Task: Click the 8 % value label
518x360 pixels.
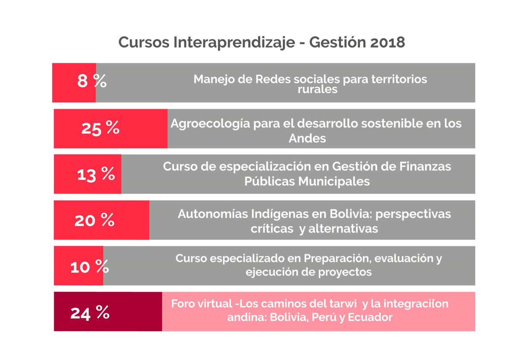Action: pos(92,81)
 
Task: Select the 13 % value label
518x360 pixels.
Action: pos(96,174)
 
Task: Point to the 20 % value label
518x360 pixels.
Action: pos(94,220)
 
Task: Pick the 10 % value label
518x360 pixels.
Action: pos(89,267)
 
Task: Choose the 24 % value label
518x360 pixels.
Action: pos(90,313)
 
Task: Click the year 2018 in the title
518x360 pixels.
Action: pos(388,42)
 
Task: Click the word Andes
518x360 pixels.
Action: pos(307,138)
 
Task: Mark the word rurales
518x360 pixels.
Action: pos(317,90)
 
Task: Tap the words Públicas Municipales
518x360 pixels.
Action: pos(307,181)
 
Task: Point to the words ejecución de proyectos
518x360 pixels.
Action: pos(309,272)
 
